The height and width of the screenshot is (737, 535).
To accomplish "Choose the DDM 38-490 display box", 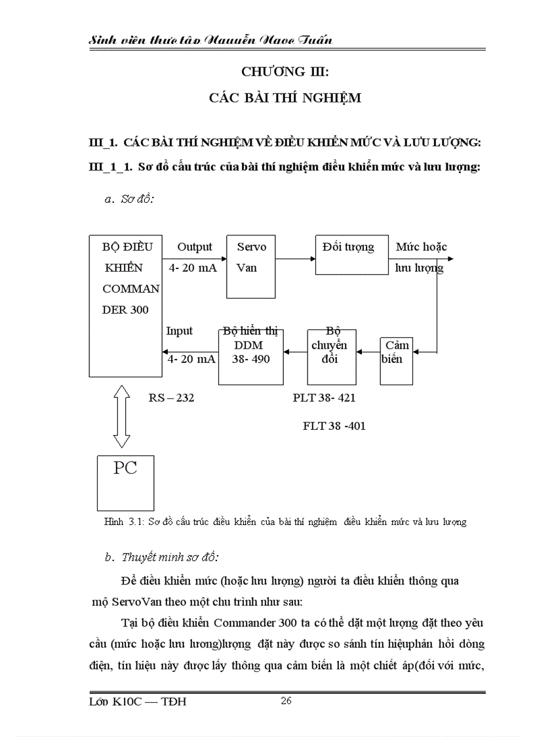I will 250,356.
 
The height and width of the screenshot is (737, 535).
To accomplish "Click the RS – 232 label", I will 172,398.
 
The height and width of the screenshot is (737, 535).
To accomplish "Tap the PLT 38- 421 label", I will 325,398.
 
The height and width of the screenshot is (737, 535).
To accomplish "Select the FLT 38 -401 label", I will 334,426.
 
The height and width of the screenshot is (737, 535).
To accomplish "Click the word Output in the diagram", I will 195,247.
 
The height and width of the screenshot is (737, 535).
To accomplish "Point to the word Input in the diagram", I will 179,331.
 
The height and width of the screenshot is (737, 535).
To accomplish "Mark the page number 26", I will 286,701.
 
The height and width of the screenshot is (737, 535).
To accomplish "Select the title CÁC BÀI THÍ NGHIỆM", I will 285,98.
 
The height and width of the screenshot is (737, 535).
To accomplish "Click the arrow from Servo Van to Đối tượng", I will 296,259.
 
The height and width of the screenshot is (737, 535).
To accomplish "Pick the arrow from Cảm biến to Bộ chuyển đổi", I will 367,352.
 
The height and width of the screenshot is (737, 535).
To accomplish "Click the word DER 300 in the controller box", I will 126,310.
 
